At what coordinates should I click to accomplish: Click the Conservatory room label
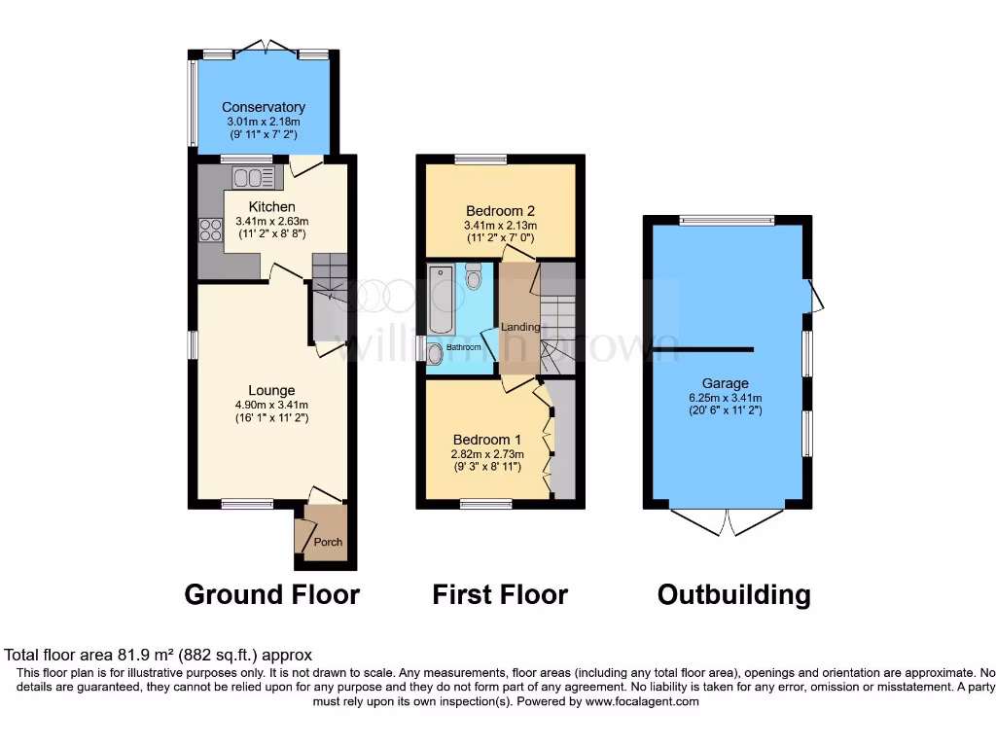(x=264, y=107)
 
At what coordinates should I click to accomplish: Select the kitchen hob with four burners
(x=210, y=231)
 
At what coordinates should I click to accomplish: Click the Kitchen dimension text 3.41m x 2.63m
(x=271, y=221)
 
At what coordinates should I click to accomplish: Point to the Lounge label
(x=271, y=391)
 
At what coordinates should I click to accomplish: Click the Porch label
(x=329, y=542)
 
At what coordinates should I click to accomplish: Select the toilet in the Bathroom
(x=474, y=277)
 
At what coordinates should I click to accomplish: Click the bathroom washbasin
(x=435, y=352)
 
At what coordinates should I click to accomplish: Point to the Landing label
(x=520, y=327)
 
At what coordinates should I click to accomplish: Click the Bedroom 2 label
(x=500, y=211)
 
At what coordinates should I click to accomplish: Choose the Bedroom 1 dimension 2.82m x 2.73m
(x=486, y=453)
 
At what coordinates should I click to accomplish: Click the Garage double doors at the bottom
(x=728, y=522)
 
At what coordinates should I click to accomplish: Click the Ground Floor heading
(x=271, y=594)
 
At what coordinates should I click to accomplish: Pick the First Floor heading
(x=500, y=594)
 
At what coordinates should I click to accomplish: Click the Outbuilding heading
(x=733, y=594)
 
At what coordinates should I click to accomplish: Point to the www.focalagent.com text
(x=641, y=701)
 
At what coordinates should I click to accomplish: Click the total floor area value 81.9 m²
(x=141, y=656)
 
